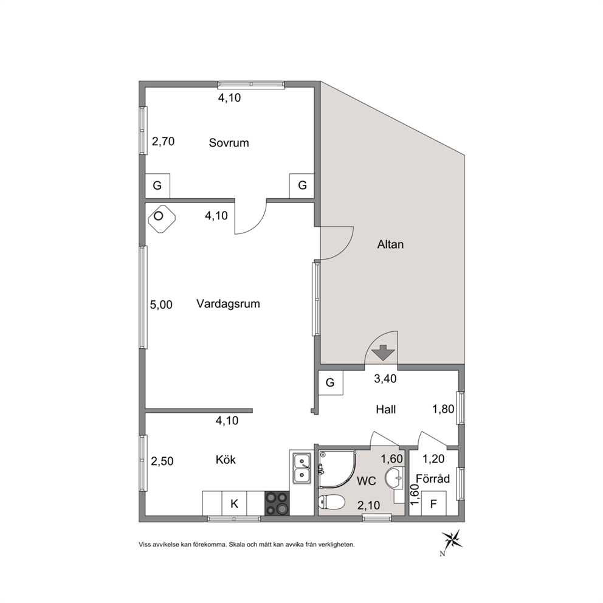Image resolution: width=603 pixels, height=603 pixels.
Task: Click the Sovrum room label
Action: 229,143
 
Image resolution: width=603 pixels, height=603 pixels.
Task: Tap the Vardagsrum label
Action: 228,304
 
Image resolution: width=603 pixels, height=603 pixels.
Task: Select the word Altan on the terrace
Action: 390,244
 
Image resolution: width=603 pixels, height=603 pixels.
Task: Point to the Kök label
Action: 226,460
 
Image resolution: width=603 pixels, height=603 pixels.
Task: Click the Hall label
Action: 386,410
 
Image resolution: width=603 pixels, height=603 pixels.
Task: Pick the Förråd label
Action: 433,478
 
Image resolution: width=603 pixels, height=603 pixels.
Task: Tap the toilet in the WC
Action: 332,502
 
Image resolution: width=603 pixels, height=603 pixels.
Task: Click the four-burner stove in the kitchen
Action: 277,503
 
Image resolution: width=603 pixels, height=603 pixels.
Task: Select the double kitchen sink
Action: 302,469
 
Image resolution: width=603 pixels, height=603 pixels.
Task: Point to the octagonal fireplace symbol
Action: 162,218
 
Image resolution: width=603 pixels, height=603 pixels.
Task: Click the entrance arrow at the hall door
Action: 383,353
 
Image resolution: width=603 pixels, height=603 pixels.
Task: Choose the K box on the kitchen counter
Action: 234,503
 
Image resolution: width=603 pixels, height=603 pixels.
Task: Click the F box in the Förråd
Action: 434,503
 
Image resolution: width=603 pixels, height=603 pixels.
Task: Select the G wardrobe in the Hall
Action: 330,382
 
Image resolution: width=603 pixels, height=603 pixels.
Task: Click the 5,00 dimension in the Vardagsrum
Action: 161,305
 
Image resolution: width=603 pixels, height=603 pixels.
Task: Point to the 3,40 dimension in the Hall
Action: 385,379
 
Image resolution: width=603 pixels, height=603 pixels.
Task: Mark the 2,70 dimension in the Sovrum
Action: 163,142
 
